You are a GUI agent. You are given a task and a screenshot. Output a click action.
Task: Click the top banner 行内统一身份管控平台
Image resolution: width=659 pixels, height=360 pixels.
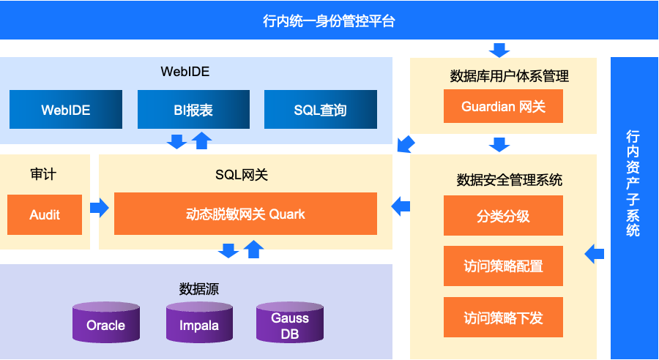[329, 20]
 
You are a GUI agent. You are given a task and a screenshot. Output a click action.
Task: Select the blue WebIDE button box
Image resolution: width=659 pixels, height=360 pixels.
[66, 110]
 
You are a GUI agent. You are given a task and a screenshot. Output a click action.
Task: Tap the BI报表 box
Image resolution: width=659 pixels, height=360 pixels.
[193, 110]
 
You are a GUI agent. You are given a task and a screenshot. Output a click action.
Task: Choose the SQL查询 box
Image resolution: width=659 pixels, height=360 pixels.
[320, 110]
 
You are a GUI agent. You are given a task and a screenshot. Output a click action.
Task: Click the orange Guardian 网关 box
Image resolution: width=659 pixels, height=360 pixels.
[503, 107]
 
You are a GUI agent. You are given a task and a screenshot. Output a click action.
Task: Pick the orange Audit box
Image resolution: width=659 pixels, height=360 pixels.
[45, 214]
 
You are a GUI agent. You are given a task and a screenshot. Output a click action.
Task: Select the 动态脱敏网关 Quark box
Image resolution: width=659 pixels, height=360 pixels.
[245, 214]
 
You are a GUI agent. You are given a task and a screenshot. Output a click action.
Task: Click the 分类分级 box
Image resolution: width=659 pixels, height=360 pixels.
[503, 216]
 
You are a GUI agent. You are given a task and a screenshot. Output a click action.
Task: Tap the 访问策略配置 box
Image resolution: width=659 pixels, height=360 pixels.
[503, 266]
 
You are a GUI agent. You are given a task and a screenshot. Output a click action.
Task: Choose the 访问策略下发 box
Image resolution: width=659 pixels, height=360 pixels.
[503, 318]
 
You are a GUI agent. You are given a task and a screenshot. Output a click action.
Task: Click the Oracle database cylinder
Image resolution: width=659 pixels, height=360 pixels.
[106, 324]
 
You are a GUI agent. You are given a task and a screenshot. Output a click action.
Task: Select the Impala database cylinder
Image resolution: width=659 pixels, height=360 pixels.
[199, 324]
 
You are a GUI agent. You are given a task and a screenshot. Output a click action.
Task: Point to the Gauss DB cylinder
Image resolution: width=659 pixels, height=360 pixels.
[290, 325]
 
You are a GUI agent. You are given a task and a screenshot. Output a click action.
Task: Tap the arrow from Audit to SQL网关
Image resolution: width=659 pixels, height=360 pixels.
[100, 208]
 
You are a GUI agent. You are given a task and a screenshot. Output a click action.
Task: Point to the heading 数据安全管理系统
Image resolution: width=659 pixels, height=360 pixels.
[510, 179]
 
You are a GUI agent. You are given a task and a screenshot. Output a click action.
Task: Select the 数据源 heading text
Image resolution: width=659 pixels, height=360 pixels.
[199, 288]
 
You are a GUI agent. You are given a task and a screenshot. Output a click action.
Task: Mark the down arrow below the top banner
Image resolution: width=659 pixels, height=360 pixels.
[499, 50]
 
